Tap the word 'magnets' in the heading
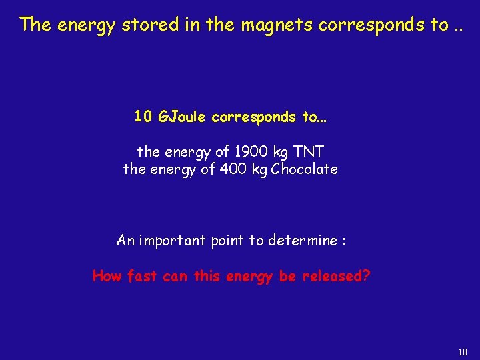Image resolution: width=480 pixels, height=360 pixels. tap(277, 25)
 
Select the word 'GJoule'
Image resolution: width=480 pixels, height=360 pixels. tap(183, 117)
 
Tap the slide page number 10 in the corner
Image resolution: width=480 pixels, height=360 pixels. tap(463, 351)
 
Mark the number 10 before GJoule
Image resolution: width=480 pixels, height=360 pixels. tap(143, 117)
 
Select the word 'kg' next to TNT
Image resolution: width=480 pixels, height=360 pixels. tap(282, 153)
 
